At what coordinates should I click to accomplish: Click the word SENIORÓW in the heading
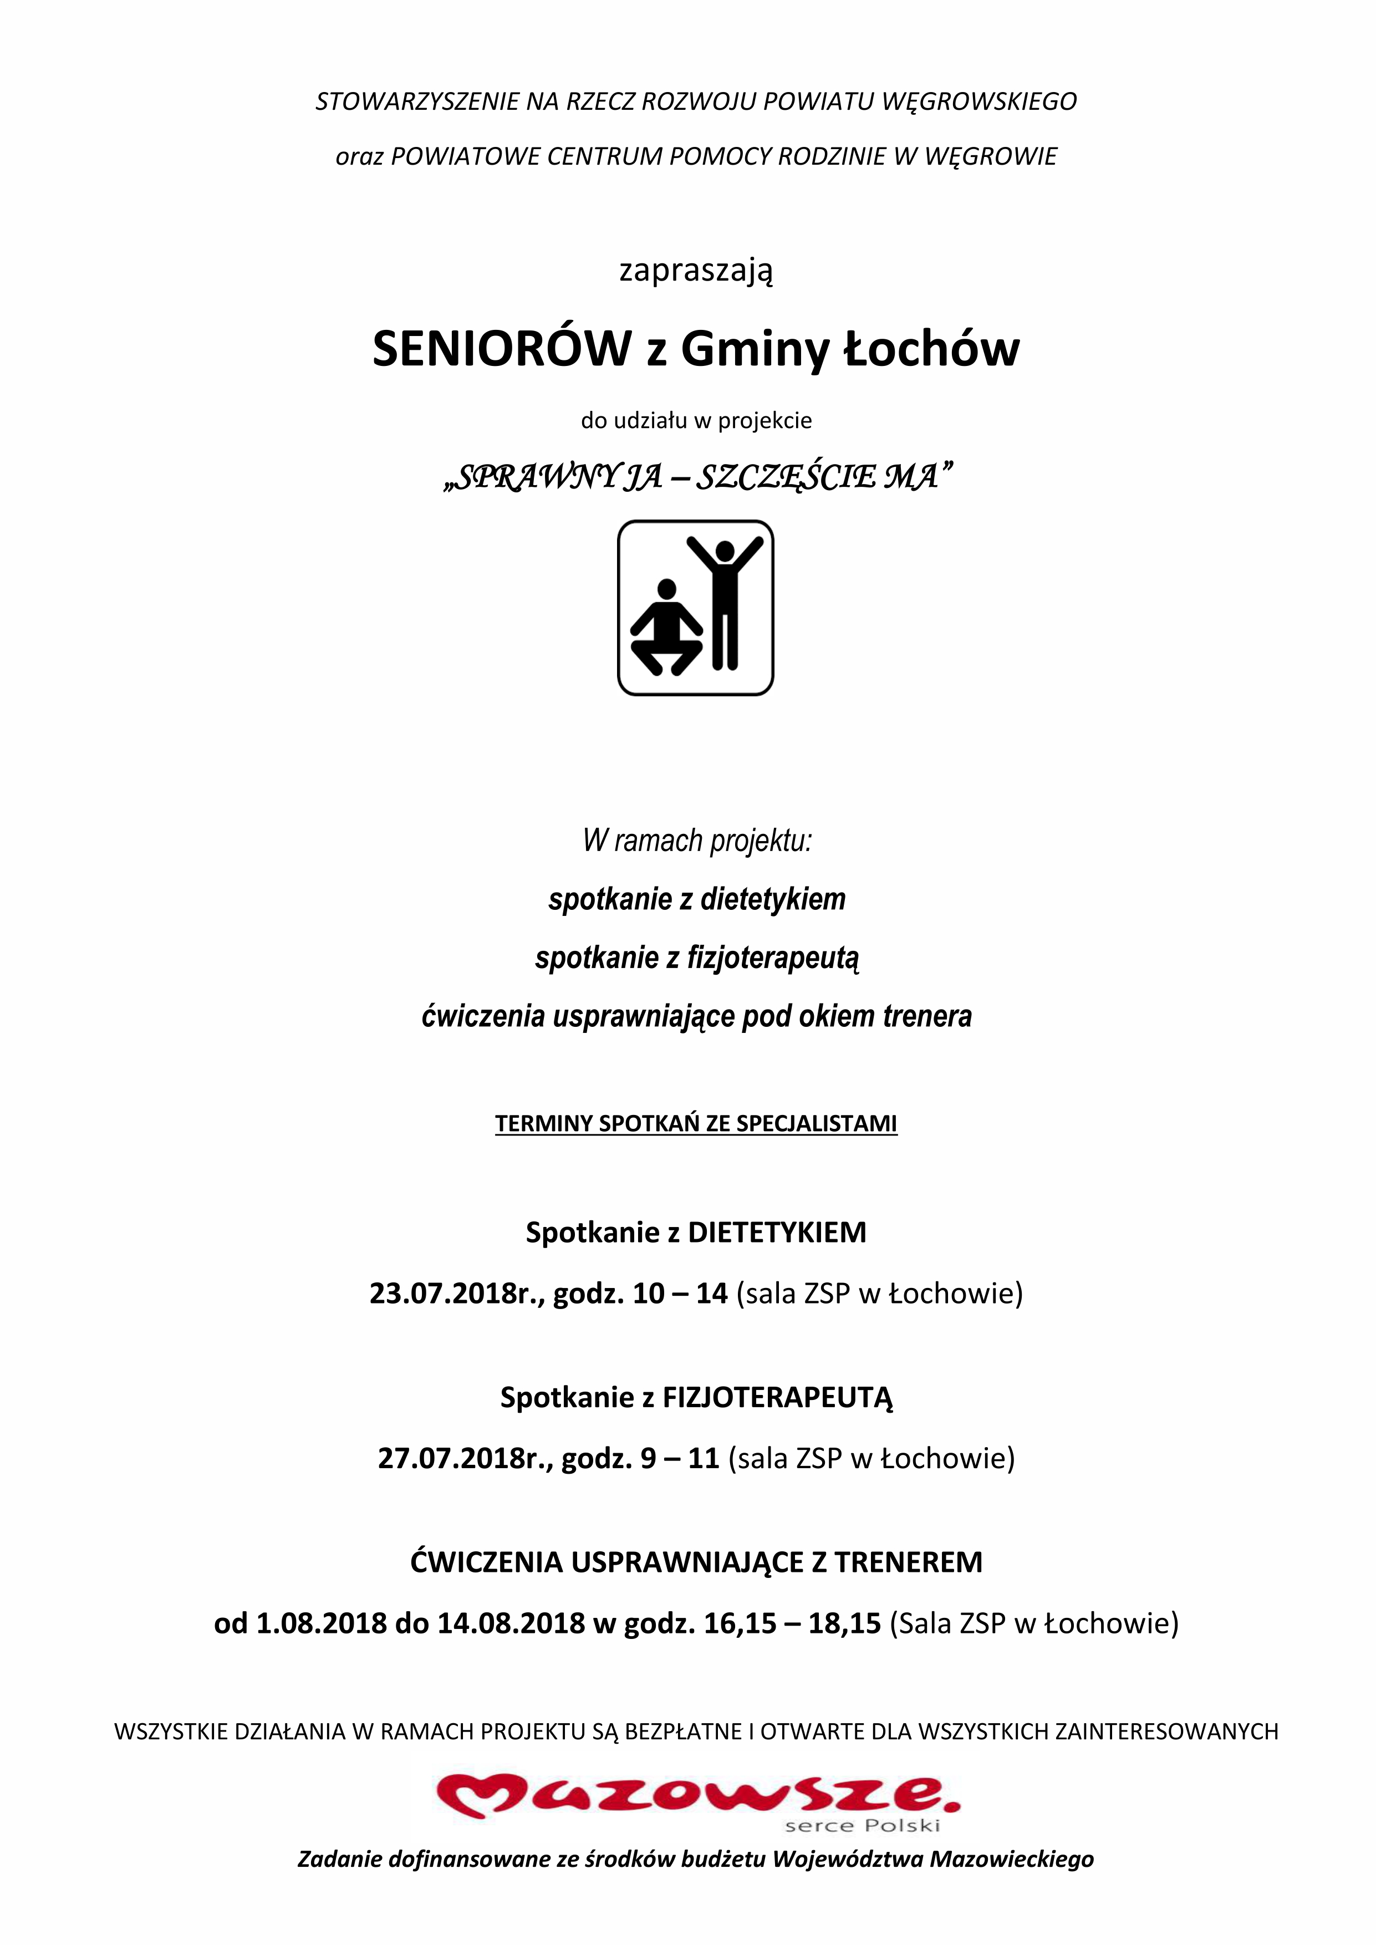(x=502, y=348)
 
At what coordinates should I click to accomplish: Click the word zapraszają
(x=696, y=271)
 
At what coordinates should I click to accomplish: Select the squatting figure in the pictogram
(x=666, y=629)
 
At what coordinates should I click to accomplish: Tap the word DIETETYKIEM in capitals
(x=777, y=1233)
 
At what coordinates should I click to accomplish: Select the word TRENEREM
(x=908, y=1562)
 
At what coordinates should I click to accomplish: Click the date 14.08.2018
(x=511, y=1623)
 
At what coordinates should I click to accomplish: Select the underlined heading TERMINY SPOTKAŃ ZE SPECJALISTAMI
(x=696, y=1123)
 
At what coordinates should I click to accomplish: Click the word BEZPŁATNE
(x=685, y=1732)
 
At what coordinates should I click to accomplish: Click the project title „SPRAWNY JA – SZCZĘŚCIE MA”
(x=696, y=477)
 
